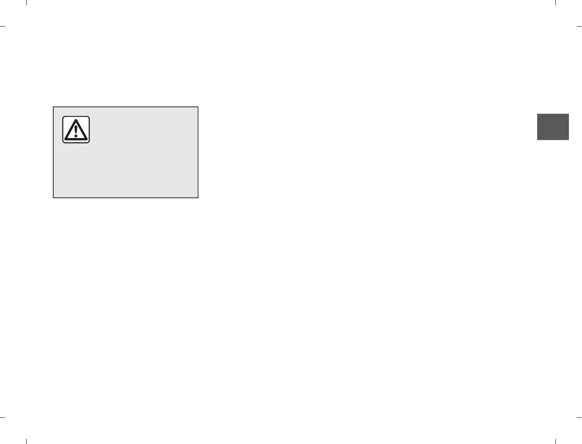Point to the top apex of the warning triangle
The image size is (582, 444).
[76, 119]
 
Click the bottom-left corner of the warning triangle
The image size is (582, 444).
[65, 139]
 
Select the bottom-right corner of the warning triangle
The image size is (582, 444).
[86, 139]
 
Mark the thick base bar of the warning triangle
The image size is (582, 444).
[76, 139]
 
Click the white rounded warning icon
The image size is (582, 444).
[76, 130]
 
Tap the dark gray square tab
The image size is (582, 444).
[553, 127]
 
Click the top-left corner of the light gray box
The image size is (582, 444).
[53, 107]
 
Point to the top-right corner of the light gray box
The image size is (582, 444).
[198, 107]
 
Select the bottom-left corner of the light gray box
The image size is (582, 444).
[53, 198]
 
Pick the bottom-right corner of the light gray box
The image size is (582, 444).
[198, 198]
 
